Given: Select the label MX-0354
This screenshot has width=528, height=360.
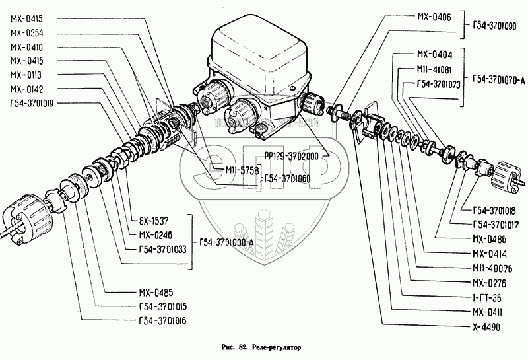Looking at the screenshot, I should (26, 32).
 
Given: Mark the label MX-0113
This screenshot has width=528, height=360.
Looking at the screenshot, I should (26, 74).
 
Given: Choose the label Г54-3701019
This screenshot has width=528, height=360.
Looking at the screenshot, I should (32, 102).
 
